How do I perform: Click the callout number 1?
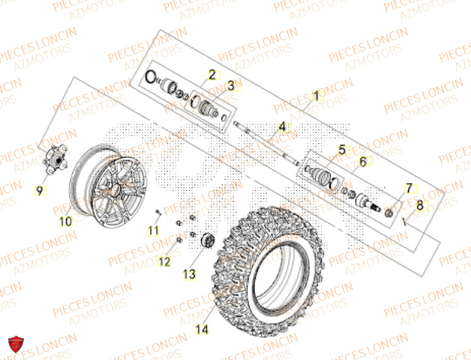pyautogui.click(x=316, y=96)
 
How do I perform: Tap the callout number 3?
pyautogui.click(x=231, y=86)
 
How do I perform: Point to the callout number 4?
pyautogui.click(x=282, y=127)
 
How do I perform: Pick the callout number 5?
pyautogui.click(x=342, y=150)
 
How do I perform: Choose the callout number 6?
pyautogui.click(x=363, y=162)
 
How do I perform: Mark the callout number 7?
pyautogui.click(x=409, y=188)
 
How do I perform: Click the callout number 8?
pyautogui.click(x=420, y=205)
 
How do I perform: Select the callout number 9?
pyautogui.click(x=40, y=190)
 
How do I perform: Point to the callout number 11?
pyautogui.click(x=153, y=230)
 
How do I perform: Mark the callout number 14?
pyautogui.click(x=202, y=329)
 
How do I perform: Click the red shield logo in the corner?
pyautogui.click(x=16, y=347)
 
